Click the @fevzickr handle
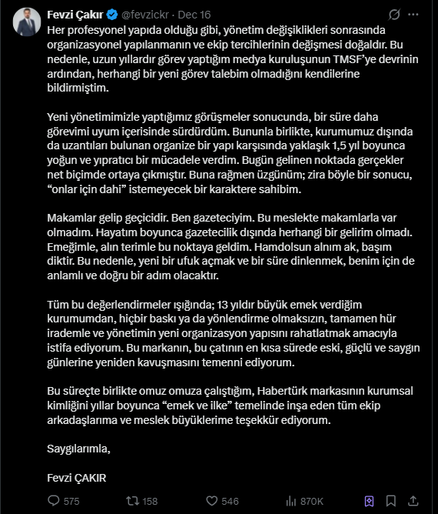(x=144, y=14)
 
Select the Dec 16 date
(x=195, y=14)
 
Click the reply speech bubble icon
(x=51, y=501)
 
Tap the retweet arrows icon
(x=131, y=501)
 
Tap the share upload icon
(x=415, y=501)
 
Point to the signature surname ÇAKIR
(x=89, y=477)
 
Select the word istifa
(x=62, y=347)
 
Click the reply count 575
(x=71, y=501)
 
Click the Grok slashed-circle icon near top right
(x=393, y=14)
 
